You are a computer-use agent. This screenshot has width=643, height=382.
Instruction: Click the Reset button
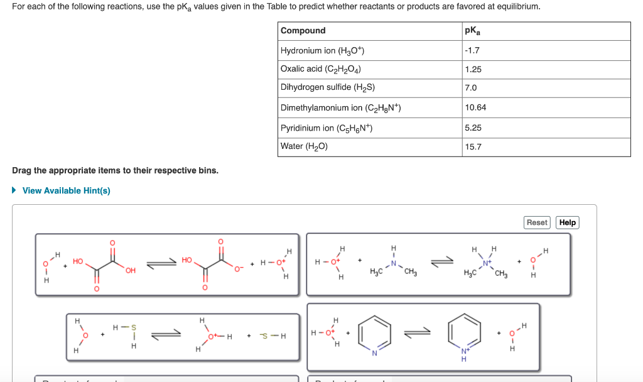[x=537, y=222]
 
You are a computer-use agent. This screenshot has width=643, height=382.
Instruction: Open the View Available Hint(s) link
[x=66, y=190]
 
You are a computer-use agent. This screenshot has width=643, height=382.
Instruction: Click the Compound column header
[x=303, y=31]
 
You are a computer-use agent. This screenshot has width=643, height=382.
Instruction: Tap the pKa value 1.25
[x=473, y=70]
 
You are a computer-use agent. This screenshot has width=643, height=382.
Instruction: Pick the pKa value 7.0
[x=471, y=88]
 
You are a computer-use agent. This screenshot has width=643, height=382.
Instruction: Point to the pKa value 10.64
[x=475, y=107]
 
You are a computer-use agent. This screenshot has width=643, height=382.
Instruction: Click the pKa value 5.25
[x=473, y=128]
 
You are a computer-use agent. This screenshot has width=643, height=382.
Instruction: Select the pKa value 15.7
[x=473, y=147]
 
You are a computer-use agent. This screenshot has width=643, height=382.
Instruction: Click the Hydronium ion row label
[x=323, y=51]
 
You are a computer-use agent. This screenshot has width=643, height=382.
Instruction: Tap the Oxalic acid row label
[x=321, y=69]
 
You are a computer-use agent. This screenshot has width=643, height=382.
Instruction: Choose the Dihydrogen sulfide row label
[x=328, y=87]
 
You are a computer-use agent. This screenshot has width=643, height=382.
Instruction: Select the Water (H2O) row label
[x=305, y=146]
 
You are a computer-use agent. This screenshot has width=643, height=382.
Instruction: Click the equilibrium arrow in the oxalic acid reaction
[x=162, y=265]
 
